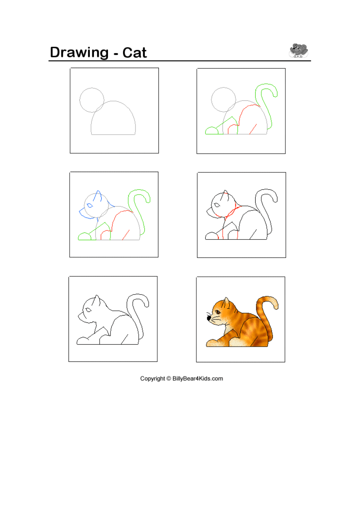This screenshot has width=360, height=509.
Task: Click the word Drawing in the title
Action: tap(79, 53)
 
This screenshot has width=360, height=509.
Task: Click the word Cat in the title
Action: tap(135, 52)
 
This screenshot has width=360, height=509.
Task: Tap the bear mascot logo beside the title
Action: tap(298, 50)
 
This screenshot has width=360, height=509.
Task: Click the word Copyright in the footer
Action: tap(152, 378)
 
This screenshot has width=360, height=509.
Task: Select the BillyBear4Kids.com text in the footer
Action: tap(198, 378)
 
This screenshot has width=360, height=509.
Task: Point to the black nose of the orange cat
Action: tap(209, 318)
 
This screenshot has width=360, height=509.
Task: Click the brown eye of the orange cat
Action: tap(218, 312)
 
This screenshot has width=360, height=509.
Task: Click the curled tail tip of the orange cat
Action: tap(275, 305)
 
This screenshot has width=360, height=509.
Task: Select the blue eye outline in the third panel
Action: tap(90, 206)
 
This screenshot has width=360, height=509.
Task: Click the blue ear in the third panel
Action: tap(98, 195)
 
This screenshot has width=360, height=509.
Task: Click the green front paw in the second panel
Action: tap(212, 131)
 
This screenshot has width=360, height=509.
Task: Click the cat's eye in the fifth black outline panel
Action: tap(88, 310)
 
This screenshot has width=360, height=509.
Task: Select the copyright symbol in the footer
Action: tap(169, 378)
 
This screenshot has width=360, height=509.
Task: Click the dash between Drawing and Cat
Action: tap(116, 54)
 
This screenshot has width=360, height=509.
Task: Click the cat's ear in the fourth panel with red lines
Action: tap(225, 195)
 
